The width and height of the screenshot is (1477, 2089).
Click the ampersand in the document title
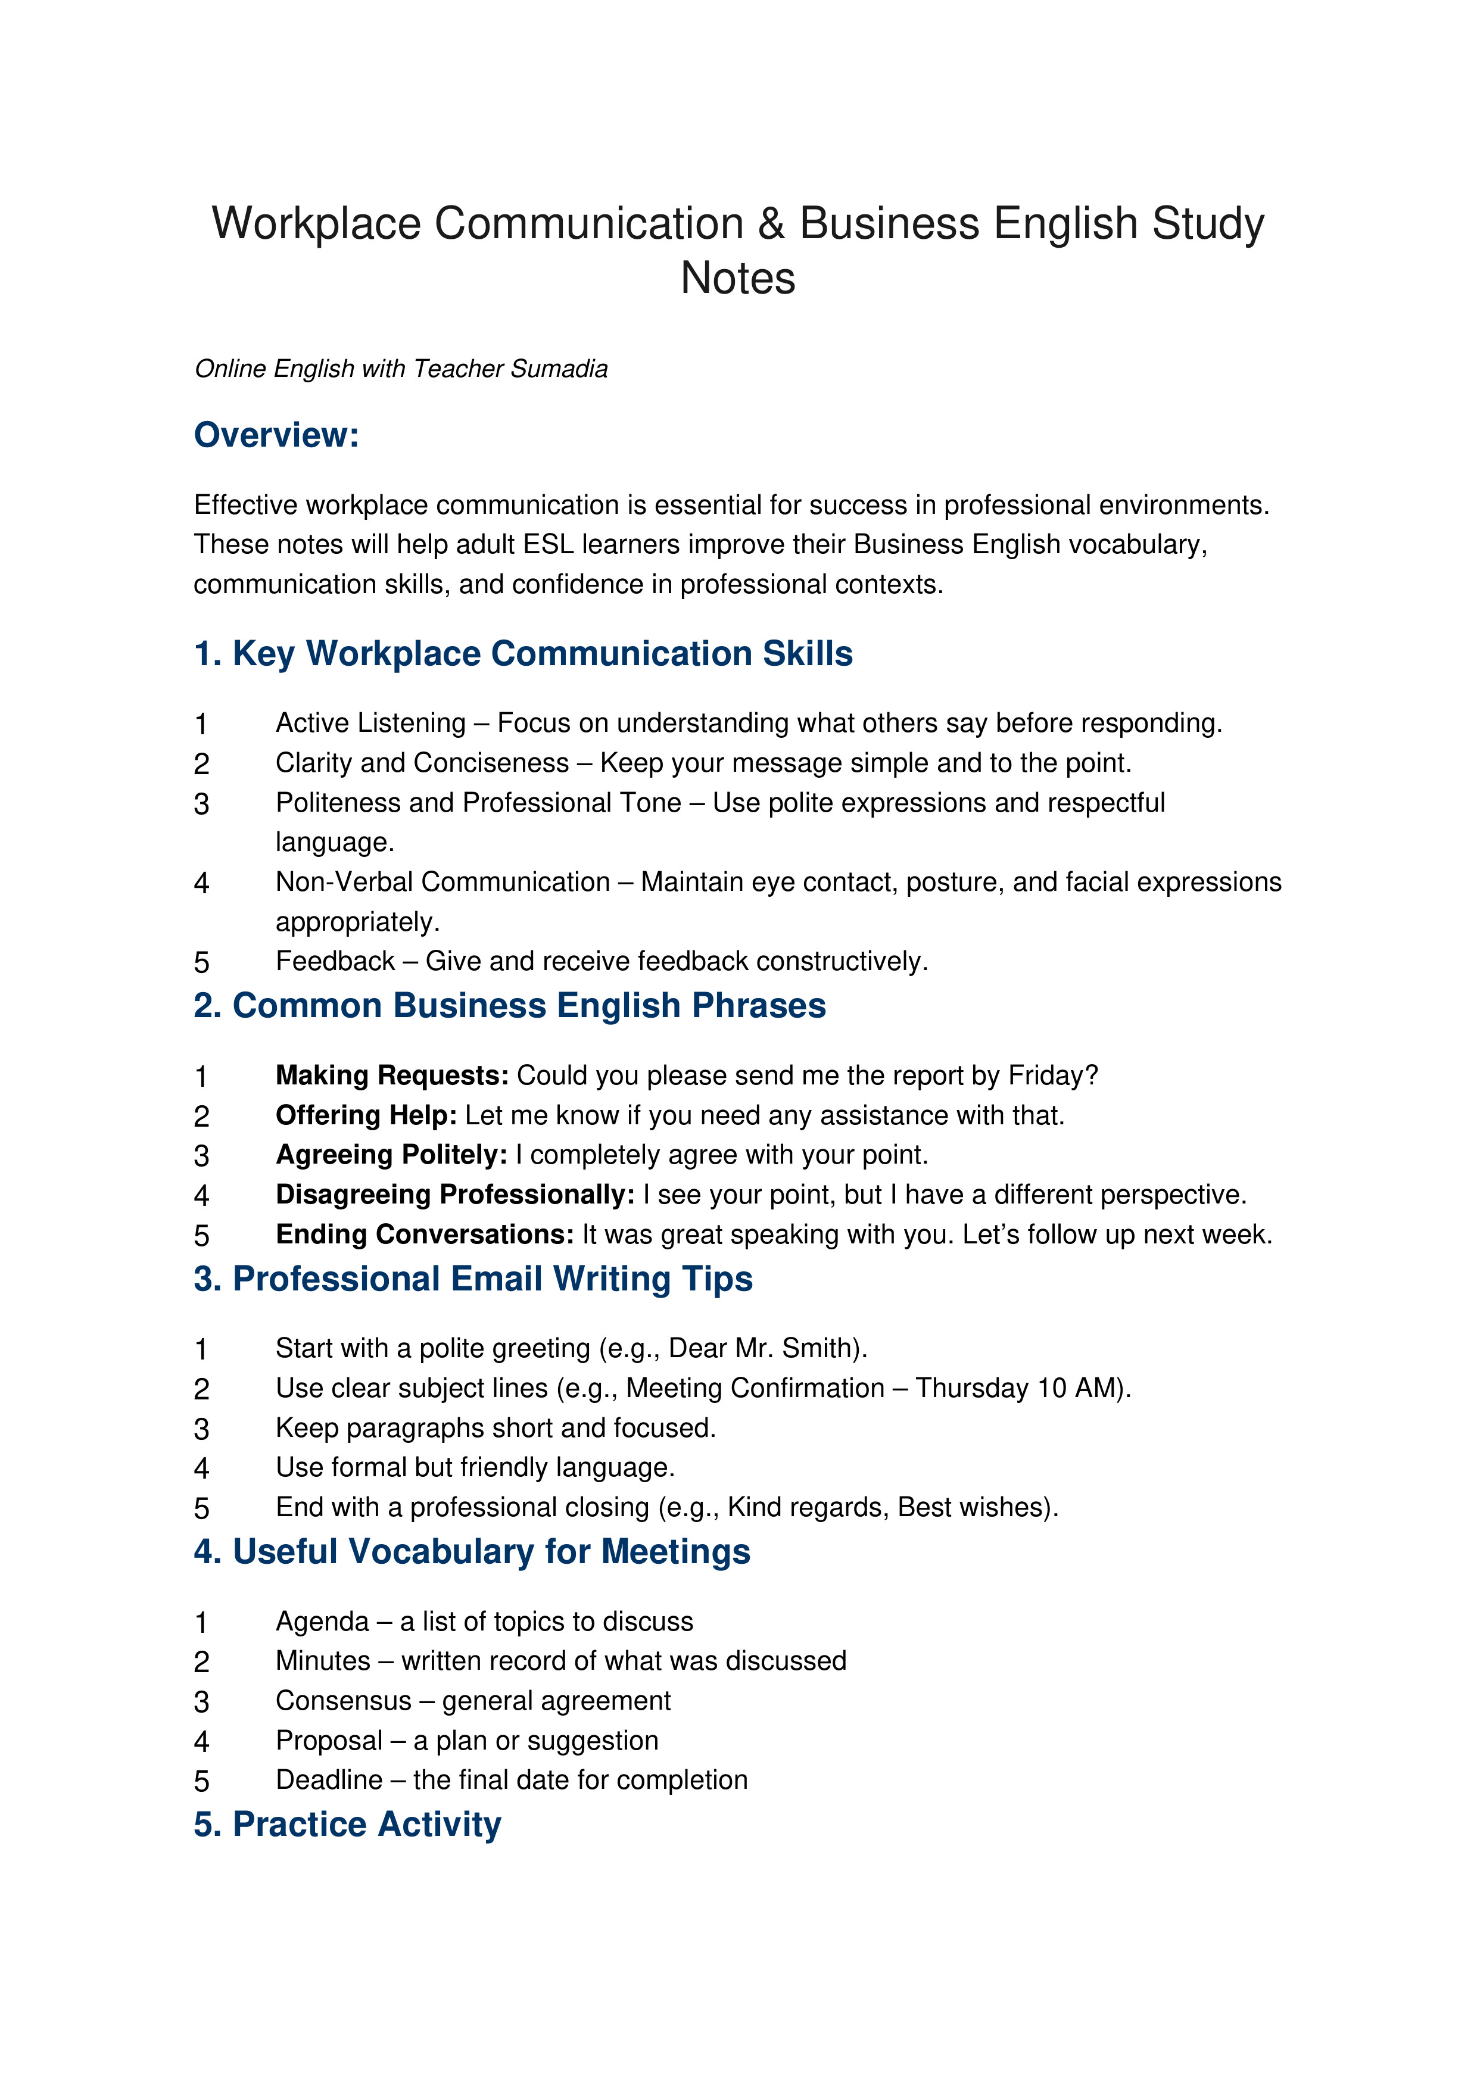point(770,224)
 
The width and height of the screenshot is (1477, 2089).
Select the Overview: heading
point(277,435)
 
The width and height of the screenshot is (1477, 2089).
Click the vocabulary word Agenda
point(322,1622)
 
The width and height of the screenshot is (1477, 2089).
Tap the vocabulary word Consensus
point(344,1701)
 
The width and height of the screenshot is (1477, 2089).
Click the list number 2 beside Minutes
point(202,1662)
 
